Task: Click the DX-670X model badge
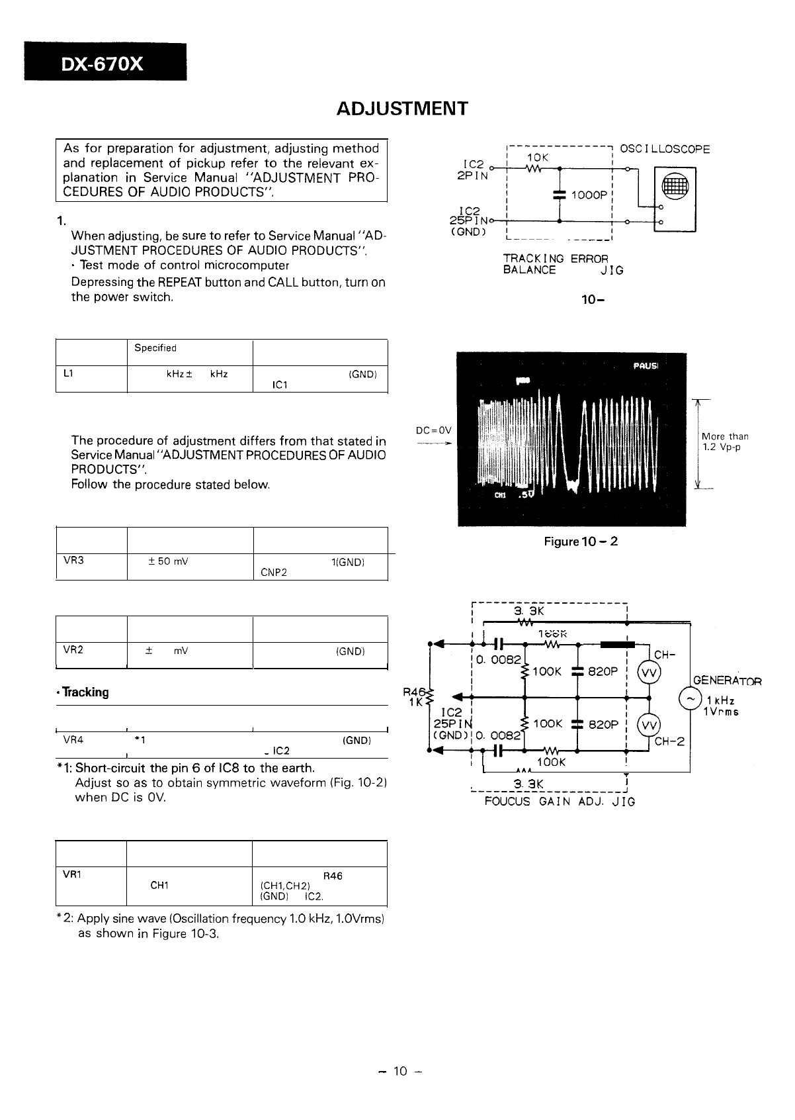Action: [x=105, y=63]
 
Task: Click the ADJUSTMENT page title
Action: [x=401, y=109]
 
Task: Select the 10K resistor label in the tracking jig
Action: [x=537, y=158]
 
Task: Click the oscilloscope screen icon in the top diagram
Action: [x=675, y=189]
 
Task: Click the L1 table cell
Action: [x=68, y=373]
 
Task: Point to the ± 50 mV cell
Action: [x=168, y=562]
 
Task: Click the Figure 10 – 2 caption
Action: [x=581, y=541]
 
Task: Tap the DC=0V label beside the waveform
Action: [x=434, y=430]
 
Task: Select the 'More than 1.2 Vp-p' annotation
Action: [x=725, y=442]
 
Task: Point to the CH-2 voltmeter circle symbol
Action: [x=648, y=725]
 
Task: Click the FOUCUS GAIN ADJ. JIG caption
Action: [x=560, y=802]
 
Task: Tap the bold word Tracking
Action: [x=85, y=692]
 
